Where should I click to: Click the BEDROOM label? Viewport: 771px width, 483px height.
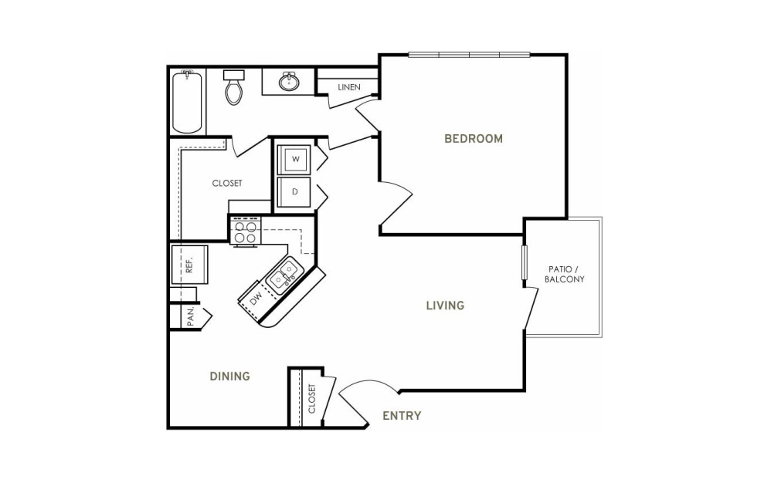click(x=474, y=139)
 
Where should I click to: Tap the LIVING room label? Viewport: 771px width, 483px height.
click(x=445, y=306)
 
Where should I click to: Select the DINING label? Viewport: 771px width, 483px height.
click(x=230, y=376)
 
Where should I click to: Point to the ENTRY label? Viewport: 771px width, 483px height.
click(x=402, y=416)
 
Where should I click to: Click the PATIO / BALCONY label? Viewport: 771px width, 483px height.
click(x=565, y=275)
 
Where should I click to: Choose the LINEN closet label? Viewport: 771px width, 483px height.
click(x=349, y=87)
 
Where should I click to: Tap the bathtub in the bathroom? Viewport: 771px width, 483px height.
click(x=187, y=102)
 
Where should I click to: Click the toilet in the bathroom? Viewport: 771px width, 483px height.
click(x=234, y=87)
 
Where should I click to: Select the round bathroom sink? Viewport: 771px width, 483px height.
click(x=289, y=81)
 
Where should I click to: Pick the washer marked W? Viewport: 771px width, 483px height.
click(x=294, y=159)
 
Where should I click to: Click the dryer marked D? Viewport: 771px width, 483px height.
click(x=294, y=192)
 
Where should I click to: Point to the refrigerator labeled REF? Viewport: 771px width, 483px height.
click(x=189, y=265)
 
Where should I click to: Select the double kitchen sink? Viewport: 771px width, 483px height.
click(x=283, y=275)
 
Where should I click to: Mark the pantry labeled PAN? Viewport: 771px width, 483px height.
click(x=191, y=316)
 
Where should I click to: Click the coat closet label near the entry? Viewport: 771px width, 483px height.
click(x=312, y=398)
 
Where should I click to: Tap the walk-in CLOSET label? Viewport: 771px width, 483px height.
click(x=227, y=183)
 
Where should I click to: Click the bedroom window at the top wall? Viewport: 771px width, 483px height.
click(x=470, y=55)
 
